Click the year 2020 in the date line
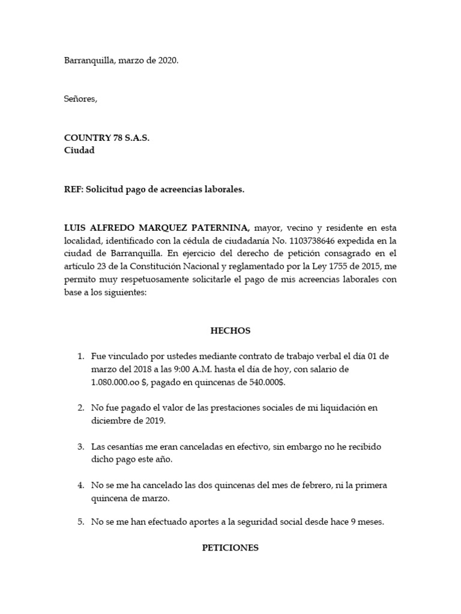coord(167,61)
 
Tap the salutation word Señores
coord(80,99)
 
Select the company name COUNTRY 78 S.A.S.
coord(107,138)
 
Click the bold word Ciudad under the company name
coord(79,151)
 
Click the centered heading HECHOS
coord(230,330)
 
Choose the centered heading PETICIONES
coord(230,547)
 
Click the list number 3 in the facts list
coord(81,447)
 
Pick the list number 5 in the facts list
coord(81,522)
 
